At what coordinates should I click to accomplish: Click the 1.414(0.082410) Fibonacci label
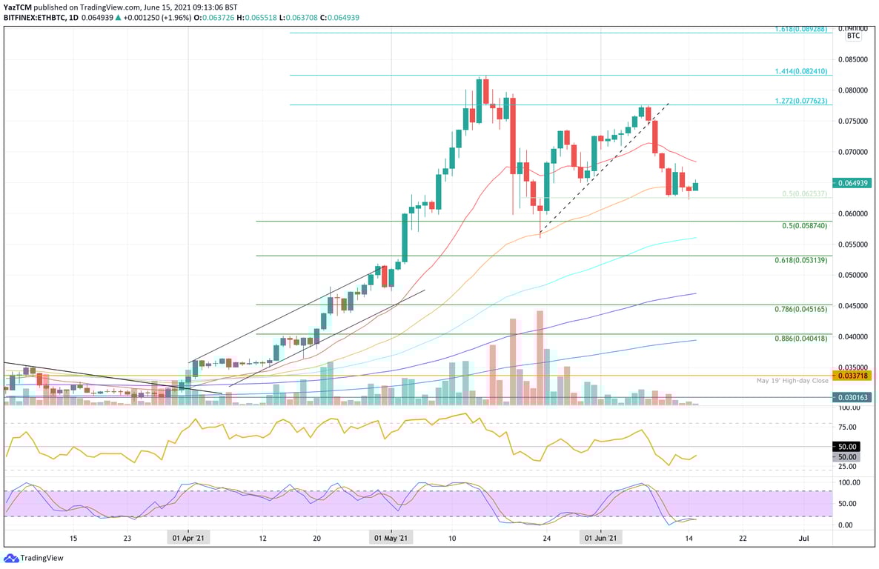(x=802, y=71)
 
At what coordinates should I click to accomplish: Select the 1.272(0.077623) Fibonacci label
(x=802, y=101)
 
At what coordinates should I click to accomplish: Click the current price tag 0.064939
(x=853, y=182)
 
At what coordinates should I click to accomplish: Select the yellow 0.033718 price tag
(x=853, y=376)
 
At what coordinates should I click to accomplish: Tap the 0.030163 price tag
(x=853, y=397)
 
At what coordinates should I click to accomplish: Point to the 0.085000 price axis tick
(x=853, y=59)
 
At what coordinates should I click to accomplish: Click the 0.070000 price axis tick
(x=853, y=151)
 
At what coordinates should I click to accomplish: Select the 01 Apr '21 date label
(x=188, y=539)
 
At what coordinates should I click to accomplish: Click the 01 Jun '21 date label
(x=600, y=539)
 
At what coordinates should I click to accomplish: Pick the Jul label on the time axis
(x=803, y=539)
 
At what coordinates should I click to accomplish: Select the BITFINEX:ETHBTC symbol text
(x=34, y=17)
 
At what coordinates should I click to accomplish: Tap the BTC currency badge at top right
(x=853, y=35)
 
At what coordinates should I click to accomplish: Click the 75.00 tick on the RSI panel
(x=848, y=427)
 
